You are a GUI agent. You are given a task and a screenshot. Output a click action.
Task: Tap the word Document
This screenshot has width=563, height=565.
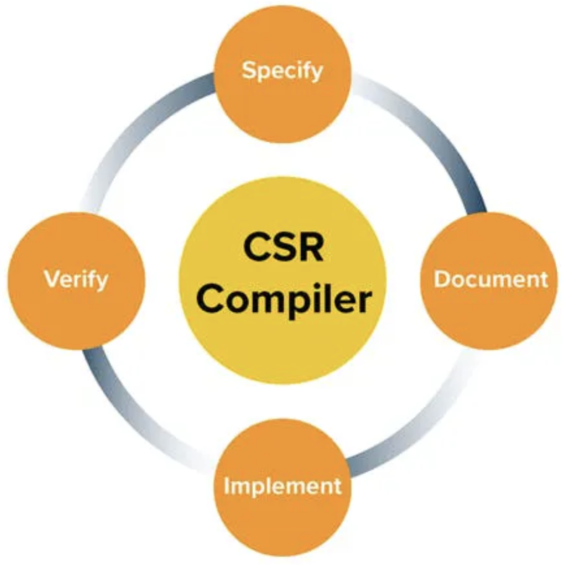(491, 279)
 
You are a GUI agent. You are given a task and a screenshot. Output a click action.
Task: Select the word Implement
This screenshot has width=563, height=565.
(282, 486)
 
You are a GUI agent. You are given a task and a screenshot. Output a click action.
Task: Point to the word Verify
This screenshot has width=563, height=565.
(76, 280)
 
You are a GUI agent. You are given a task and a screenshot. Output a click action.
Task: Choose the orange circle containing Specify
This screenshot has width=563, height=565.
(282, 107)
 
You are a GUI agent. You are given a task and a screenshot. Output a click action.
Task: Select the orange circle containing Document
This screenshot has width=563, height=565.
(490, 318)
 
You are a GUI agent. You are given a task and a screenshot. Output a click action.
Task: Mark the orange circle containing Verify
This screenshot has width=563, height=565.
(76, 318)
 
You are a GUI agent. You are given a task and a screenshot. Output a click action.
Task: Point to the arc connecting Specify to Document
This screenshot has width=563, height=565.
(430, 129)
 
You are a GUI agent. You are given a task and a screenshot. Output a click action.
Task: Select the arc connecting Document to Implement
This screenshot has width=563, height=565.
(430, 430)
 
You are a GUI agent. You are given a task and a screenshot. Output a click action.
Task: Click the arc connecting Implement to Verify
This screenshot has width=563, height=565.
(133, 430)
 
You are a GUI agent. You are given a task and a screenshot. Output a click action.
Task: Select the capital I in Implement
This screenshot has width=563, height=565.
(226, 486)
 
